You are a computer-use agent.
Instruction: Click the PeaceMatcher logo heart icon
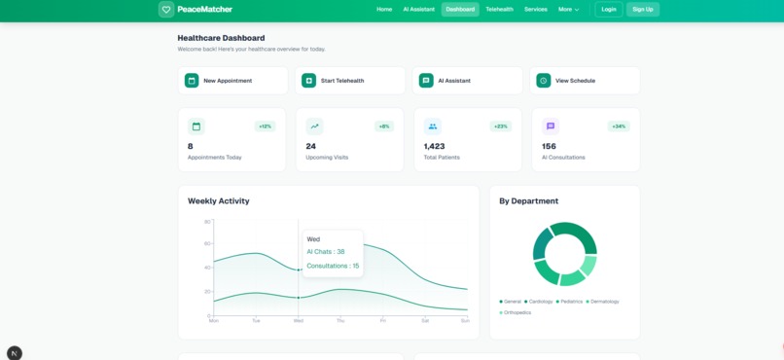point(166,10)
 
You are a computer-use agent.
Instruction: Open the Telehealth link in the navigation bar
point(499,10)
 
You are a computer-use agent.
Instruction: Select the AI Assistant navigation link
point(418,10)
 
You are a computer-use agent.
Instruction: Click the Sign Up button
point(642,10)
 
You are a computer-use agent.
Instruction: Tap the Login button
point(609,10)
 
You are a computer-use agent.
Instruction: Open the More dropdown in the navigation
point(568,10)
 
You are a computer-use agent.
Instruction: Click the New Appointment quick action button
point(234,81)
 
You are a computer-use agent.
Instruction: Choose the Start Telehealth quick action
point(350,81)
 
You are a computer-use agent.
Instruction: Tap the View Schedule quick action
point(585,81)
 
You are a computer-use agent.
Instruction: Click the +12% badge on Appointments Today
point(265,126)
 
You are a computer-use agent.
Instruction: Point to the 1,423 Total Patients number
point(434,147)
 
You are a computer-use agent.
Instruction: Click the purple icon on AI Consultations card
point(551,126)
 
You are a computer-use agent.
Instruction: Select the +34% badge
point(619,126)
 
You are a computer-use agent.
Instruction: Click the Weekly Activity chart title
point(218,201)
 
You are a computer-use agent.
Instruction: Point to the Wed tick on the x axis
point(298,320)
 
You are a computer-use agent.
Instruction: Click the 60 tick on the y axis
point(207,244)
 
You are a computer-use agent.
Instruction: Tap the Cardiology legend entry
point(540,302)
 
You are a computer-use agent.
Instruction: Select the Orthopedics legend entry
point(517,312)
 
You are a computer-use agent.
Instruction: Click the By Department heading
point(528,201)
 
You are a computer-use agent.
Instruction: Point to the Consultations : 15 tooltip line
point(333,266)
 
